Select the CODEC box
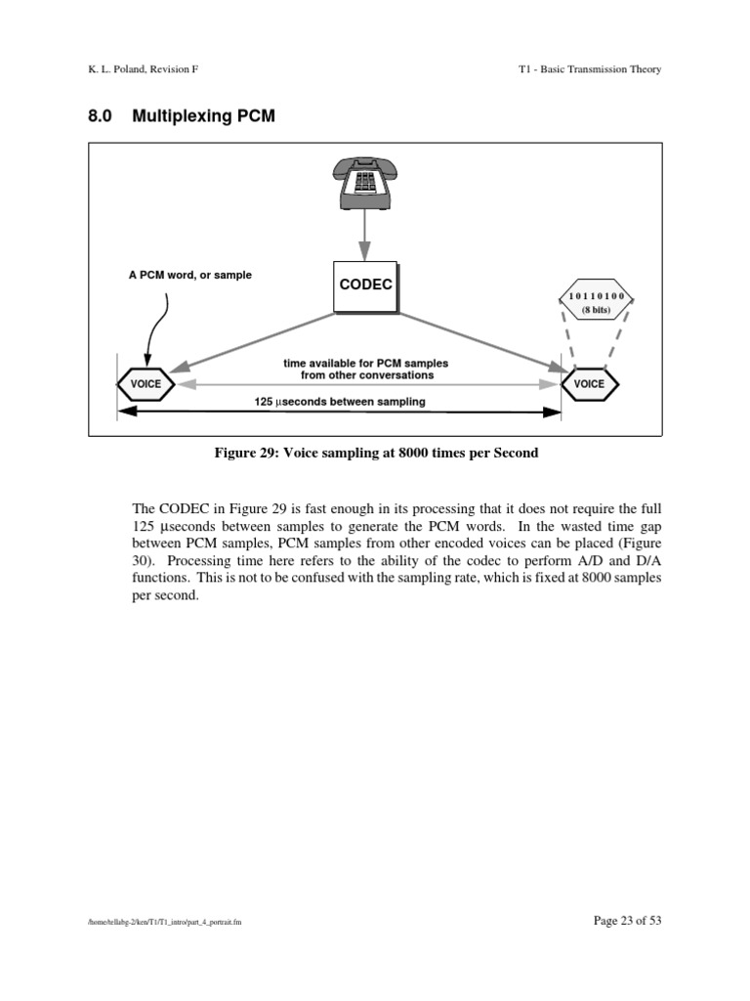(365, 286)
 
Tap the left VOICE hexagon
(146, 384)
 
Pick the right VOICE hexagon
(589, 384)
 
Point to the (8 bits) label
(596, 310)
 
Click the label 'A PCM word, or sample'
(183, 275)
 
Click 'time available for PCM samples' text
(365, 363)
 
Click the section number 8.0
(102, 116)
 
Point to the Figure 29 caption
(376, 453)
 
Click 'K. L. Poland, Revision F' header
(146, 69)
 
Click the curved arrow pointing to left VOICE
(153, 327)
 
